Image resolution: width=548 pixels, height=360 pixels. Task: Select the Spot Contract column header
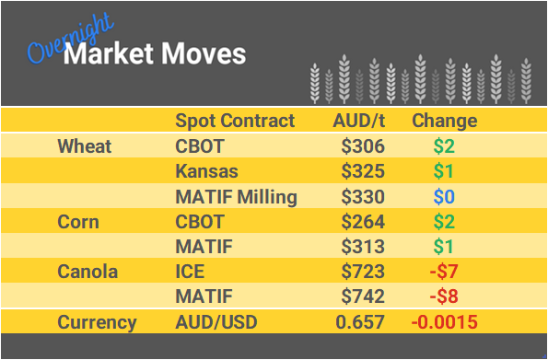(x=235, y=121)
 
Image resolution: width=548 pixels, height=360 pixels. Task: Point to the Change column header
(x=444, y=121)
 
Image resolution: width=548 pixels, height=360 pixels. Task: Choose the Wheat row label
(x=85, y=146)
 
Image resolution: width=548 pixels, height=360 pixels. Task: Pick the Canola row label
(x=89, y=272)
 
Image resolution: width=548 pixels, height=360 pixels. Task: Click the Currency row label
(x=97, y=322)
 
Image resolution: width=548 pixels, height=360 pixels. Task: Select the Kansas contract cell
(x=206, y=171)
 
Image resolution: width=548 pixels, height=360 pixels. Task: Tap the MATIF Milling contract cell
(x=236, y=196)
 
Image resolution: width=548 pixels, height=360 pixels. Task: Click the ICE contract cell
(x=191, y=272)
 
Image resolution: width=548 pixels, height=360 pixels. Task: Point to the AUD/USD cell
(x=216, y=322)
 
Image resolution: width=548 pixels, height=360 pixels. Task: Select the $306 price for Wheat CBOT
(x=363, y=146)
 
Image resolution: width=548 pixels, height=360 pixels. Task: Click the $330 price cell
(x=363, y=196)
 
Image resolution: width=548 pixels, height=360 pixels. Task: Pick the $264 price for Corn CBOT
(x=363, y=222)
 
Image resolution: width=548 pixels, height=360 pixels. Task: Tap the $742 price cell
(x=363, y=297)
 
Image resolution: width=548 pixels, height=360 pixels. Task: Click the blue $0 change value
(x=445, y=196)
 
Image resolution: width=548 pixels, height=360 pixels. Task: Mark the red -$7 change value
(x=445, y=272)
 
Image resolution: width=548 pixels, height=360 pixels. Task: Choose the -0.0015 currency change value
(x=445, y=322)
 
